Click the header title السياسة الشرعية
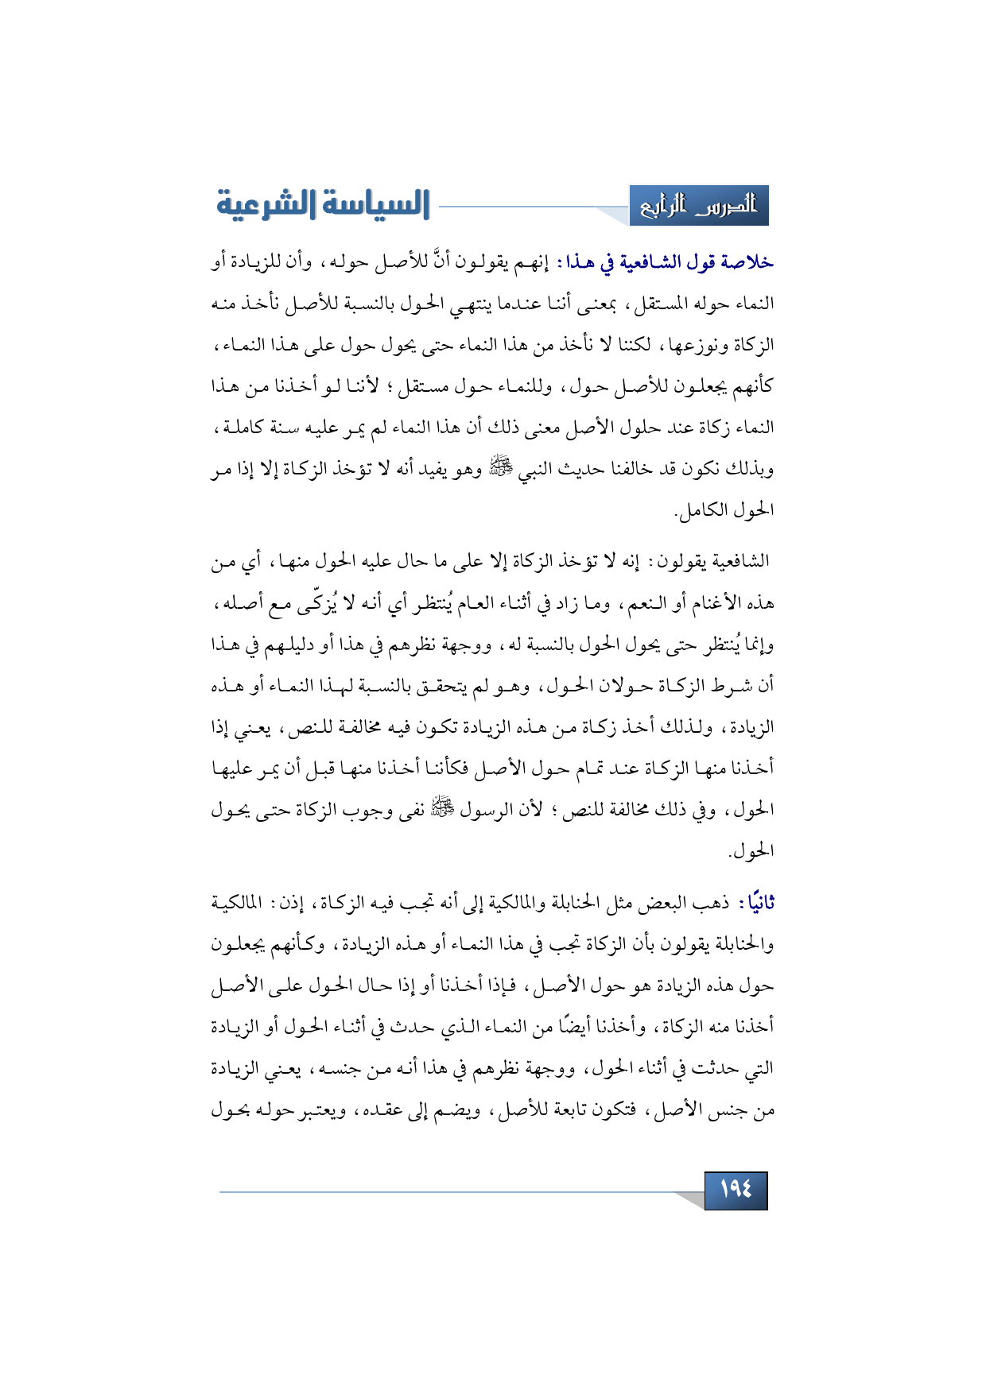click(323, 204)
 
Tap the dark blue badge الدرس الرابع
click(699, 206)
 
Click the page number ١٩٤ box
click(736, 1190)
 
